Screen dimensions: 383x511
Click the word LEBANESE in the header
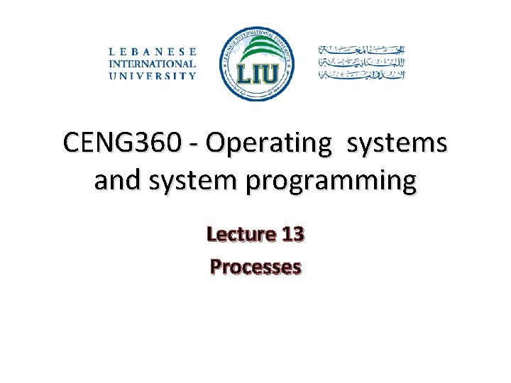(x=152, y=51)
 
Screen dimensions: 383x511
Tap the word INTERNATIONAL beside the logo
(x=152, y=63)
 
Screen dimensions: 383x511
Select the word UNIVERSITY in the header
(x=152, y=75)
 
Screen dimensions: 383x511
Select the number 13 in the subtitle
(x=292, y=233)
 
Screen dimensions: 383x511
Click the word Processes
(x=255, y=267)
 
